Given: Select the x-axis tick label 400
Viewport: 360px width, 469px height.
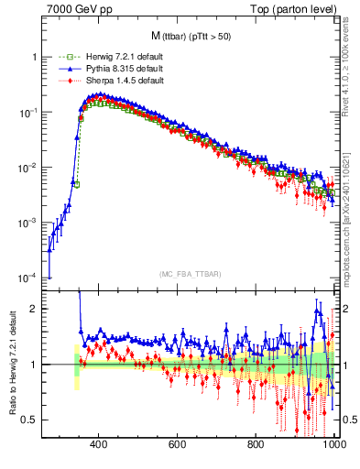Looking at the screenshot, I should click(99, 446).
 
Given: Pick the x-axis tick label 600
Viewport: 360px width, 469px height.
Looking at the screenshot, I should click(178, 446).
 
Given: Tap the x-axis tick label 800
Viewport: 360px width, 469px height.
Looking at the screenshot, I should click(256, 446).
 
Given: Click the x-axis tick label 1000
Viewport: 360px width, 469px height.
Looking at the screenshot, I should click(333, 446).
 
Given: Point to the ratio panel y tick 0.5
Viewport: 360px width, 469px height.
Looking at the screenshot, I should click(30, 420).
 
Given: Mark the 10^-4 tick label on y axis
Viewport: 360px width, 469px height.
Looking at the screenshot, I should click(28, 278).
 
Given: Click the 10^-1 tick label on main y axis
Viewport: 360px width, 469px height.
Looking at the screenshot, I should click(28, 113).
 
